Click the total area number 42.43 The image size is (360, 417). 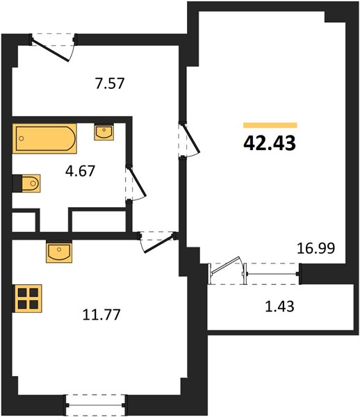tap(270, 143)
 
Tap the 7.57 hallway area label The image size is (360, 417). tap(110, 83)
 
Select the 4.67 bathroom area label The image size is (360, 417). tap(80, 171)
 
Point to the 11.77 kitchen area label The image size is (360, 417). tap(101, 314)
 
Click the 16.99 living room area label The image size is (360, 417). tap(316, 248)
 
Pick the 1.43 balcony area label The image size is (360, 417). tap(279, 306)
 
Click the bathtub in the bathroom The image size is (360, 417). tap(44, 138)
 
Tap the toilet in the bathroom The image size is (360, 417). tap(26, 183)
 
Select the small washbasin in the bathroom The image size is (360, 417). tap(104, 132)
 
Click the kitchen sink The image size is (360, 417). tap(59, 252)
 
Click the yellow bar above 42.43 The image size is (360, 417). tap(270, 125)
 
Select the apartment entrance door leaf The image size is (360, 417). tap(51, 51)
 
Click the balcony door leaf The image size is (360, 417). tap(225, 265)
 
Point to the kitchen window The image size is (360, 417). tap(95, 405)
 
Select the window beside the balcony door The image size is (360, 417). tap(272, 274)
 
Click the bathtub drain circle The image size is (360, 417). tap(22, 138)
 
